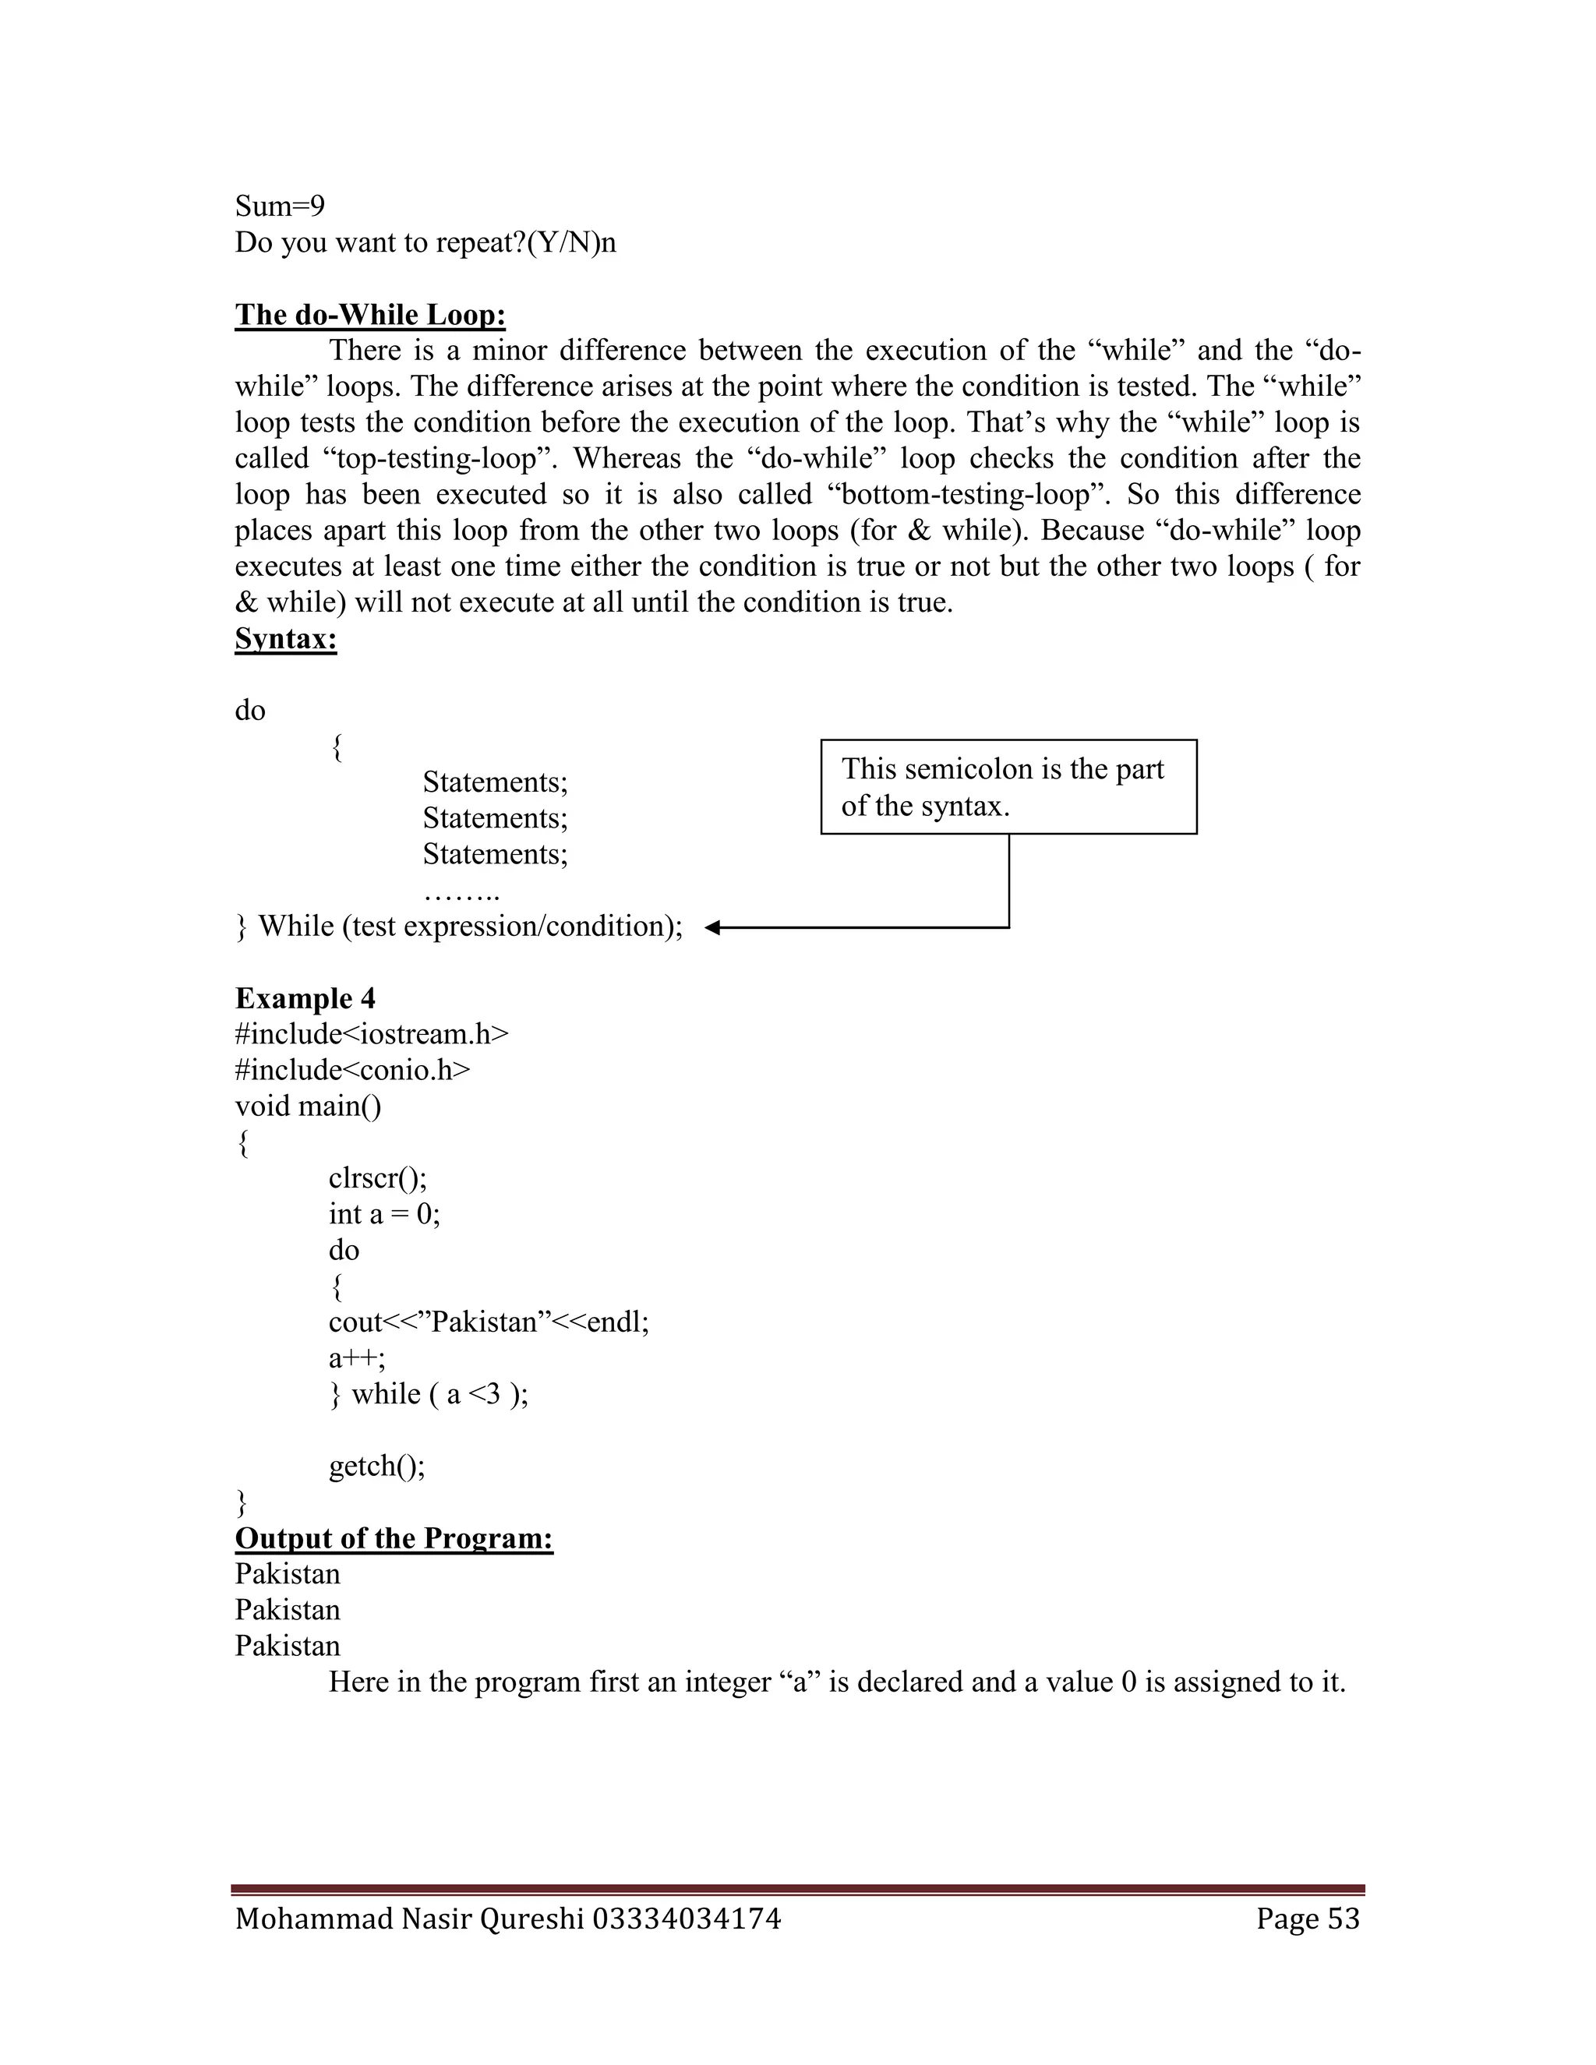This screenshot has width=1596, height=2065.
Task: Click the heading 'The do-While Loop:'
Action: tap(369, 315)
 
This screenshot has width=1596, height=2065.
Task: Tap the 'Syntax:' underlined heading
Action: tap(285, 639)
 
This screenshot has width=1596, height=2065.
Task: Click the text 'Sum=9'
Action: tap(280, 206)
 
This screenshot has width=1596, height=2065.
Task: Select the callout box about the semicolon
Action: tap(1008, 787)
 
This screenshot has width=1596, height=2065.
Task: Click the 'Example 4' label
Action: tap(305, 998)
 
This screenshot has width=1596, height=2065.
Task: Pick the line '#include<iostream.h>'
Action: tap(372, 1034)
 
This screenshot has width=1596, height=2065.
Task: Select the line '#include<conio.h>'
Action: tap(351, 1071)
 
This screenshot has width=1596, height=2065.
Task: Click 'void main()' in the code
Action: tap(309, 1107)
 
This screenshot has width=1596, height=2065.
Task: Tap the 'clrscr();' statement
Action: tap(377, 1178)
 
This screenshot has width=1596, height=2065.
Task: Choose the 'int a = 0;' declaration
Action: tap(384, 1214)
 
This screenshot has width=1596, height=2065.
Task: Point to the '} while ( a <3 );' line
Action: tap(429, 1395)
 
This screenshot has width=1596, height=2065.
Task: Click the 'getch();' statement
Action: tap(376, 1467)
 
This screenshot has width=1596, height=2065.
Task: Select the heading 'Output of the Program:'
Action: tap(394, 1538)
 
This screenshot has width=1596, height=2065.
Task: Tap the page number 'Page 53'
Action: tap(1307, 1919)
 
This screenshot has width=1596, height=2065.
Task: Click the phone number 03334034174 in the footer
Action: tap(687, 1919)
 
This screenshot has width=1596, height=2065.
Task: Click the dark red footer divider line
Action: tap(797, 1889)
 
